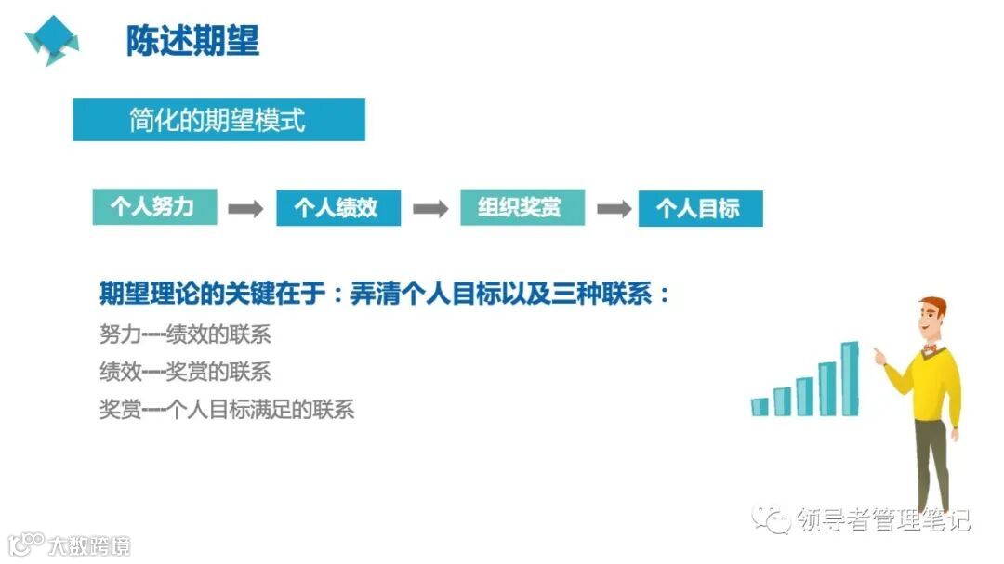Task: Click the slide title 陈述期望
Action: click(x=192, y=40)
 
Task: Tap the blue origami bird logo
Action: click(x=52, y=39)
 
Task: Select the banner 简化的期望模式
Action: click(x=218, y=120)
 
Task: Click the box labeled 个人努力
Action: click(x=154, y=207)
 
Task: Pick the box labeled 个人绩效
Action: click(x=337, y=208)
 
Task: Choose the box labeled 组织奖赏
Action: click(x=522, y=207)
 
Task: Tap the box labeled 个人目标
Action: click(x=699, y=209)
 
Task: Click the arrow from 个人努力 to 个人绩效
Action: click(x=246, y=208)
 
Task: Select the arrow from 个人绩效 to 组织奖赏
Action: click(x=429, y=208)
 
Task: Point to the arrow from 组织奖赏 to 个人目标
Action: click(x=614, y=208)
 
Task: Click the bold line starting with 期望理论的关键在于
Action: click(x=384, y=295)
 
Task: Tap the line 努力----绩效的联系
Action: click(x=185, y=334)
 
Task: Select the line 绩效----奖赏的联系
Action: click(x=185, y=372)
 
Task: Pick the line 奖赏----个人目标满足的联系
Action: click(x=227, y=409)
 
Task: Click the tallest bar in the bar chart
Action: click(x=849, y=379)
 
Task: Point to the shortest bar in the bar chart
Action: click(x=760, y=406)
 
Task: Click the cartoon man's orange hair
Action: click(x=932, y=308)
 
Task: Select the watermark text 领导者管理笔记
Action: click(x=883, y=520)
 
